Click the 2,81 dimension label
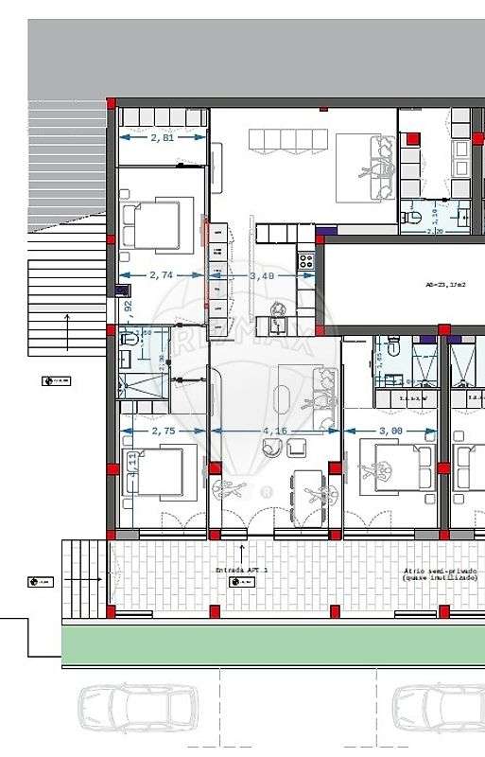pos(162,137)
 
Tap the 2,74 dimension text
pos(162,274)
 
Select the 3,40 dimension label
pos(262,275)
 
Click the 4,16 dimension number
pos(275,431)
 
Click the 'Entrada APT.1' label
pos(242,570)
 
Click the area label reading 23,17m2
pos(445,284)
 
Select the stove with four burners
pos(305,260)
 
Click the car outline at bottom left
pos(138,711)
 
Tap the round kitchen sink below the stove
pos(279,308)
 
